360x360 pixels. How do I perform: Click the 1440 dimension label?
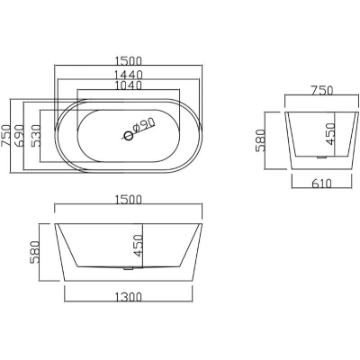click(x=128, y=74)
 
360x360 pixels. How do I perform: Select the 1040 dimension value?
click(x=128, y=85)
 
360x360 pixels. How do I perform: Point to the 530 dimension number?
click(x=35, y=135)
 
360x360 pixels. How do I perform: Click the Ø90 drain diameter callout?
click(x=143, y=126)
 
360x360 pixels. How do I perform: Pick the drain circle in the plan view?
click(x=129, y=136)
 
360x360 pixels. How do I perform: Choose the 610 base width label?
click(x=321, y=183)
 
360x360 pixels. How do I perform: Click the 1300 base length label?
click(x=128, y=297)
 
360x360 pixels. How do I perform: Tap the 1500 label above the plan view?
click(x=128, y=61)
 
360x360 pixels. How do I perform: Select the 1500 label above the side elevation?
click(x=128, y=200)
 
